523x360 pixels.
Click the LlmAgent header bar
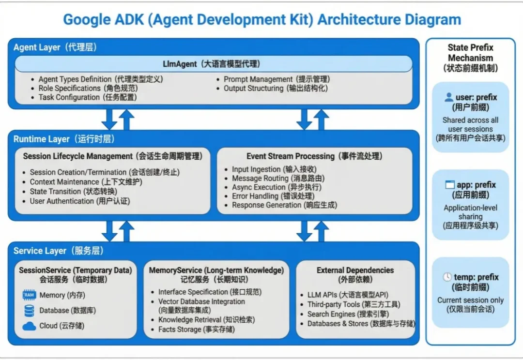click(x=213, y=64)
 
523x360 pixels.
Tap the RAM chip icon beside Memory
click(x=29, y=295)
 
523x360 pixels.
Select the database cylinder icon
click(x=29, y=311)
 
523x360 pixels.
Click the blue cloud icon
click(x=29, y=326)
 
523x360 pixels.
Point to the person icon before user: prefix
click(x=449, y=97)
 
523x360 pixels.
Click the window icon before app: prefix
click(x=450, y=185)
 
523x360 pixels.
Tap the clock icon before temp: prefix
click(x=447, y=277)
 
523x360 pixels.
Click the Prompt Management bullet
click(x=276, y=79)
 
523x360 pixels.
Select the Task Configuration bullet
click(x=87, y=97)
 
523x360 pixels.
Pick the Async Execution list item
click(x=276, y=187)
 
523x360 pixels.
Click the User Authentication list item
click(x=79, y=201)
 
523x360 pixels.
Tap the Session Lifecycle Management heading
click(x=112, y=156)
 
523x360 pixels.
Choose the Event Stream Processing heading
click(x=314, y=156)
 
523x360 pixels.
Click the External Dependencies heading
click(x=355, y=270)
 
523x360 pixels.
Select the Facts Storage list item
click(x=196, y=330)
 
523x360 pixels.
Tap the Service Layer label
click(x=59, y=251)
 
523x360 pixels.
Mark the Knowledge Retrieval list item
click(x=206, y=320)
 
